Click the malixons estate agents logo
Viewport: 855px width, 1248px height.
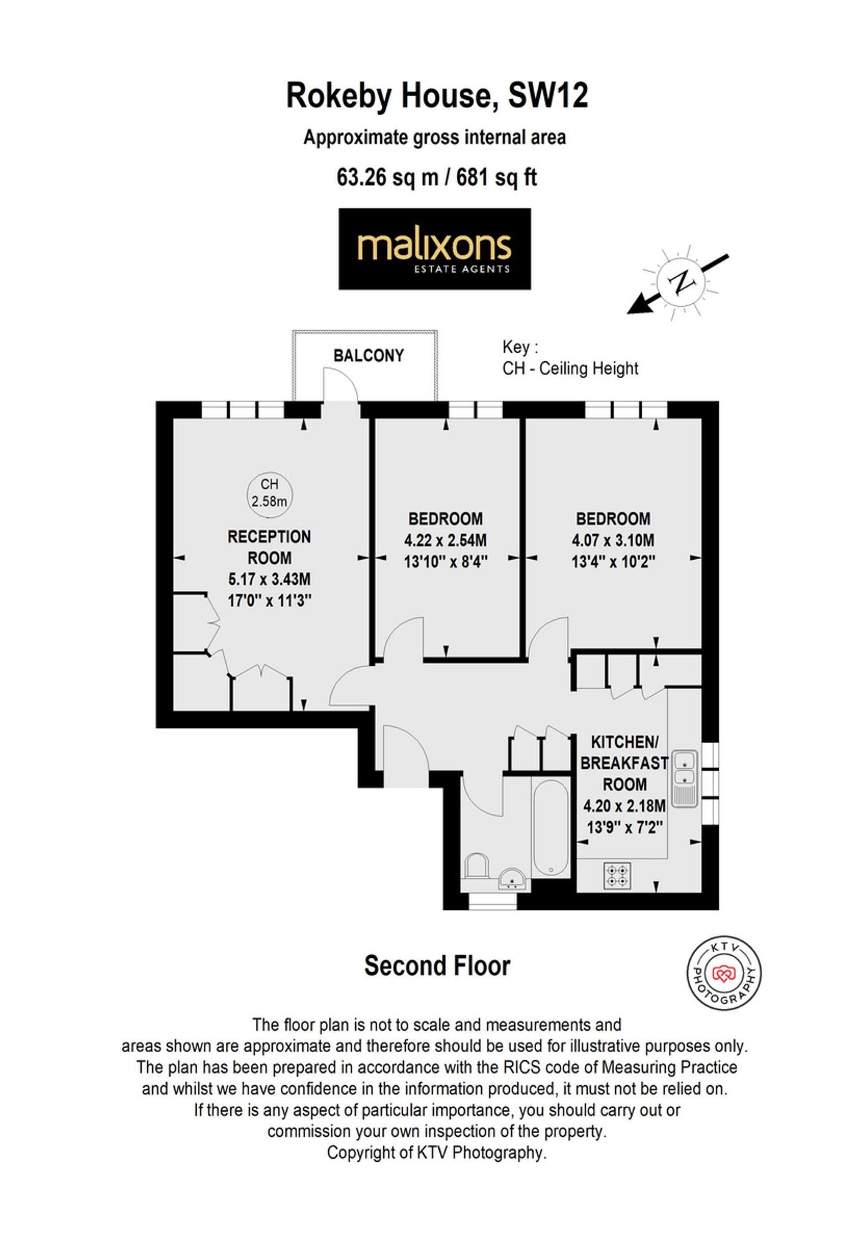pos(434,249)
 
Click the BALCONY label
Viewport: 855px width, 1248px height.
pos(368,356)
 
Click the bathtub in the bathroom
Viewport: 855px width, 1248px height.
pos(550,827)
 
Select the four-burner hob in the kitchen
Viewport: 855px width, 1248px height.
pos(617,875)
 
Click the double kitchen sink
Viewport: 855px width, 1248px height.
pos(685,778)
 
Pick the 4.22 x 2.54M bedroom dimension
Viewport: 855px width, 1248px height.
pos(445,540)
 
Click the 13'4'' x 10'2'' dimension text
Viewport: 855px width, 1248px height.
pos(613,562)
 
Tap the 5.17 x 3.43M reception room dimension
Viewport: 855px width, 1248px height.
pos(269,580)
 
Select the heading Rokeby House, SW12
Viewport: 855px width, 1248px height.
pos(436,96)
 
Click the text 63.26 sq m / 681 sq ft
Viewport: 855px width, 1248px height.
pos(436,177)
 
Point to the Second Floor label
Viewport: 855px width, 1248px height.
pos(437,966)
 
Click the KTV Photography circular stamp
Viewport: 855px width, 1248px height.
pos(724,973)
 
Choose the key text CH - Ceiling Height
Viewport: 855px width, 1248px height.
pos(570,369)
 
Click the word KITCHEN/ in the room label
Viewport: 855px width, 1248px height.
pos(624,743)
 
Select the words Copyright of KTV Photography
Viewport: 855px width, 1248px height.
pos(436,1153)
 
